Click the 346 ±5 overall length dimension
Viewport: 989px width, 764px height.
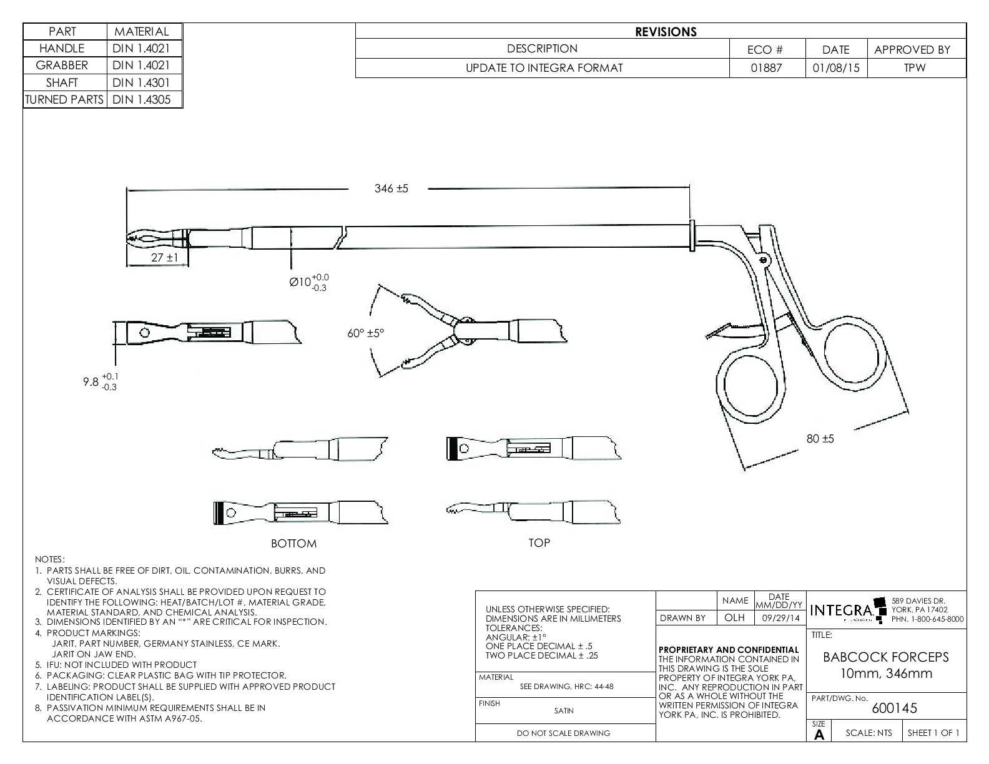click(x=391, y=189)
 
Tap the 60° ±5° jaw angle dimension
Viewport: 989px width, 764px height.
click(x=366, y=333)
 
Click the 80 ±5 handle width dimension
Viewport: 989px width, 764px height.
click(x=820, y=439)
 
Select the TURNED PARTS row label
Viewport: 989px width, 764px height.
click(x=64, y=99)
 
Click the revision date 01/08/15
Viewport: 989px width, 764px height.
click(x=835, y=68)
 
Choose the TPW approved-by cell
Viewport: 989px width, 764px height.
click(x=915, y=68)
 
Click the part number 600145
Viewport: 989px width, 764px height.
click(x=886, y=708)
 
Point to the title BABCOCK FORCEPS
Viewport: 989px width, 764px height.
click(x=885, y=657)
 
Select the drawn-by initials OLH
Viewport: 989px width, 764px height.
click(x=734, y=618)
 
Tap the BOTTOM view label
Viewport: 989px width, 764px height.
click(x=293, y=544)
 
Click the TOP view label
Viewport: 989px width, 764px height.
click(x=539, y=543)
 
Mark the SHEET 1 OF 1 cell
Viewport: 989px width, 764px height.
click(x=933, y=733)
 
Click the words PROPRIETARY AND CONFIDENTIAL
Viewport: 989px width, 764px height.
click(x=728, y=650)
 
